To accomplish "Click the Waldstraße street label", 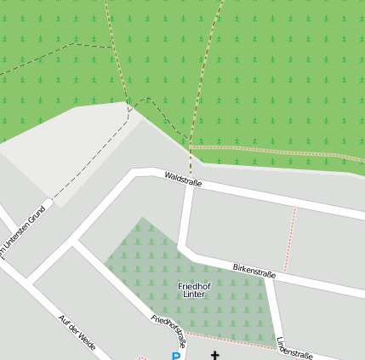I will [x=182, y=179].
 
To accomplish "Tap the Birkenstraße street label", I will [x=254, y=271].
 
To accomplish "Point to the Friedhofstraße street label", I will [x=168, y=332].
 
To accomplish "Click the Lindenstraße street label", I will [x=295, y=350].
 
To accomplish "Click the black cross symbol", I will [x=214, y=354].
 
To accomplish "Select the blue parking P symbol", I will [x=176, y=356].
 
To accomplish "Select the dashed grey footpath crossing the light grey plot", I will [x=94, y=153].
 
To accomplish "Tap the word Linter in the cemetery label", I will [x=194, y=294].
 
